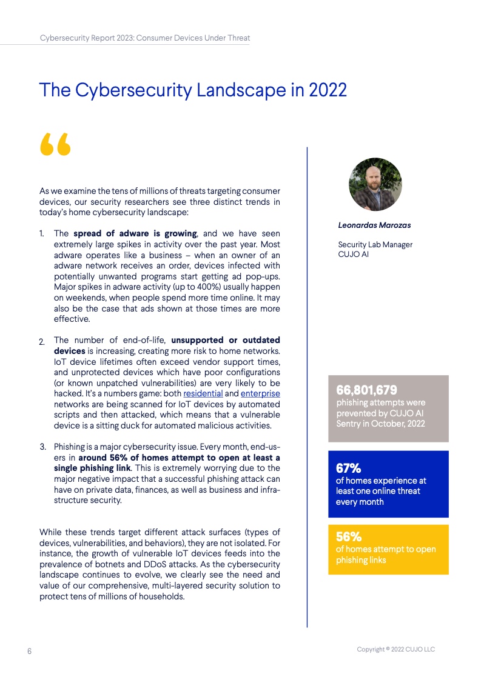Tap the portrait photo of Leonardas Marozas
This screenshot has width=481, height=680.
pyautogui.click(x=375, y=185)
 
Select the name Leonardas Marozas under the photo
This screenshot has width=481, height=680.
pyautogui.click(x=374, y=225)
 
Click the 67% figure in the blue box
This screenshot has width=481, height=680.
pyautogui.click(x=349, y=468)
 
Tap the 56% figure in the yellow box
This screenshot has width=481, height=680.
pyautogui.click(x=349, y=536)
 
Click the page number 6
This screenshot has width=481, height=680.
pyautogui.click(x=29, y=651)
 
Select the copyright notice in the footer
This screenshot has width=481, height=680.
pyautogui.click(x=395, y=650)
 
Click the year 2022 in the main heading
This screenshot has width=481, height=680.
pyautogui.click(x=328, y=90)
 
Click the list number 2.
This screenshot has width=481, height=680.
pyautogui.click(x=42, y=342)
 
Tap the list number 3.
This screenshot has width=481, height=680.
pyautogui.click(x=42, y=447)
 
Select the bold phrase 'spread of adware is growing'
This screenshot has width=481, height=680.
pyautogui.click(x=135, y=233)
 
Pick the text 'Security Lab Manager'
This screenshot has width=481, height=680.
pyautogui.click(x=375, y=245)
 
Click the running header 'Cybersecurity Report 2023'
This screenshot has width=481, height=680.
pyautogui.click(x=86, y=38)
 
